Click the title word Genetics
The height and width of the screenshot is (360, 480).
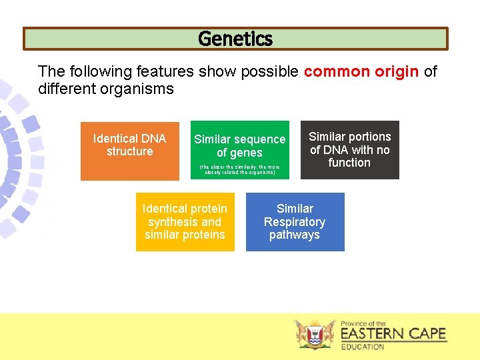[x=235, y=39]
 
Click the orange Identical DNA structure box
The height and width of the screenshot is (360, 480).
[x=130, y=151]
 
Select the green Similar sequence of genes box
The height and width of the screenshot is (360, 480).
[x=240, y=150]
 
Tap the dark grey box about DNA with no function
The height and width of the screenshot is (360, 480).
[x=349, y=150]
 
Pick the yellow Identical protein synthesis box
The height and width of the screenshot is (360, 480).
[x=185, y=222]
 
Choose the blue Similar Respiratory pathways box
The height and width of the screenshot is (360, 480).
[x=295, y=222]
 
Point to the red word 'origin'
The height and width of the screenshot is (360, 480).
[x=397, y=71]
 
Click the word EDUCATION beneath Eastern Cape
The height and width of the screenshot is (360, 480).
[x=363, y=347]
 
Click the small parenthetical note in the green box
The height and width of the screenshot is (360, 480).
[x=240, y=169]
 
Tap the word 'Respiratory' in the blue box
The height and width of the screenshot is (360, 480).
[x=295, y=222]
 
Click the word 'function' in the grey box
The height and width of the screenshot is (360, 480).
[x=349, y=163]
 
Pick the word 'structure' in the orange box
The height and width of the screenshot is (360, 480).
[x=130, y=152]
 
